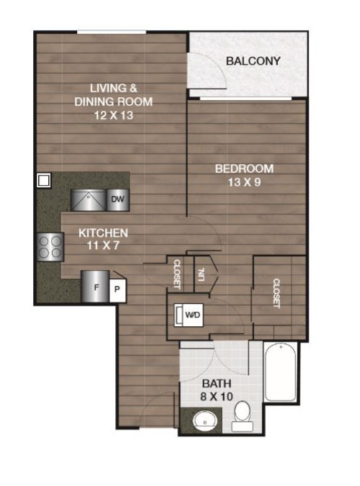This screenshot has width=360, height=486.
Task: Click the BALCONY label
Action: point(253,61)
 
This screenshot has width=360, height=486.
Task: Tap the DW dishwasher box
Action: point(118,199)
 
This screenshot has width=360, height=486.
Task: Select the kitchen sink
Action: point(89,200)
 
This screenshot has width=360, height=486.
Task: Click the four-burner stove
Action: point(50,247)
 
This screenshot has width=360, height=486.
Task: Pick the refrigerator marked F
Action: point(95,287)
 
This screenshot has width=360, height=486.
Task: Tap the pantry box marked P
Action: point(117,290)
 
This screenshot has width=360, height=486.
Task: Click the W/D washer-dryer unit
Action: point(189,315)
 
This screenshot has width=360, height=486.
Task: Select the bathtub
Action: point(280,372)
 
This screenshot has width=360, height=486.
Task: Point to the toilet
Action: point(243,416)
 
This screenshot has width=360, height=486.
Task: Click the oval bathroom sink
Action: point(204,421)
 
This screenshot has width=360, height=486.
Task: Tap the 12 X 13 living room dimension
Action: point(114,116)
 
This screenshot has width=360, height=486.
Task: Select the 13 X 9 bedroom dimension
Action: point(244,182)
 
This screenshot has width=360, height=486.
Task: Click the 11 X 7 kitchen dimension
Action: point(103,246)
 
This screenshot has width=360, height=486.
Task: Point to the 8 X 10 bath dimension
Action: point(217,397)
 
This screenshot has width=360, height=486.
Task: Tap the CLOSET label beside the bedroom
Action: point(276,293)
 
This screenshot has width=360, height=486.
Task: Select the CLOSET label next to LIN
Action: point(176,274)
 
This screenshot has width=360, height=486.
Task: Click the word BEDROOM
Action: point(244,169)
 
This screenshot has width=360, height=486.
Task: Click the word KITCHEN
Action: point(103,233)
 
